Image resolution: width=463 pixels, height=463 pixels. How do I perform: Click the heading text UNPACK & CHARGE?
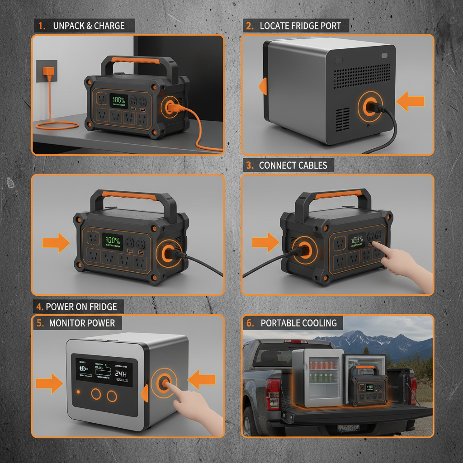pos(88,26)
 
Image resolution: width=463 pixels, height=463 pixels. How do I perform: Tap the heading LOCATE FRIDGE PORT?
pos(299,26)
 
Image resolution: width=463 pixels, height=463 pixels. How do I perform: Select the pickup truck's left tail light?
pos(273,393)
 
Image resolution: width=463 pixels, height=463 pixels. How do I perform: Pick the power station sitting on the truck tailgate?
pos(367,387)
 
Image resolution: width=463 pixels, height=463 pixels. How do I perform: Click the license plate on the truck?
pos(348,428)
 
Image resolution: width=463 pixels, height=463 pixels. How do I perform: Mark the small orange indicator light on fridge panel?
pos(79,392)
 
